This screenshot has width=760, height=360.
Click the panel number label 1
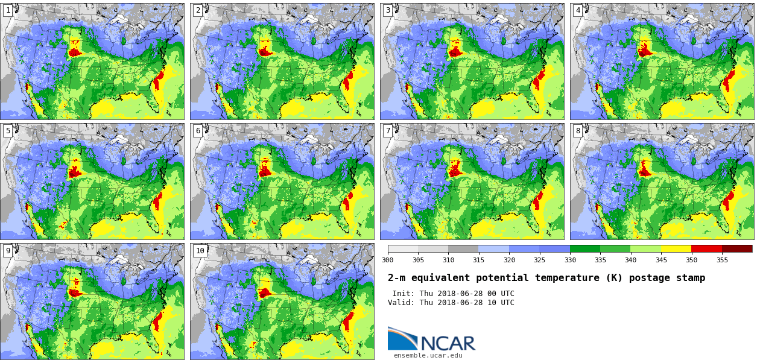point(8,10)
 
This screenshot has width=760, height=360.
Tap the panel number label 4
point(578,10)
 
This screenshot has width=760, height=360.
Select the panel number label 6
point(198,131)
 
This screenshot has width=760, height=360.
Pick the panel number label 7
point(388,131)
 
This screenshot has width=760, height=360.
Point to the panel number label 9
point(8,251)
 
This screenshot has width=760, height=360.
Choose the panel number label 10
point(200,251)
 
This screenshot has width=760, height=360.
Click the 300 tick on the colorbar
point(388,260)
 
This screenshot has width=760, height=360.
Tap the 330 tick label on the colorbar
point(570,260)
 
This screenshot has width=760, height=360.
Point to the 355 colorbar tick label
point(722,260)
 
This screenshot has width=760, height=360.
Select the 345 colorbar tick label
point(661,260)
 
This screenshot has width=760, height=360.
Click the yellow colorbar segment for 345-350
point(676,248)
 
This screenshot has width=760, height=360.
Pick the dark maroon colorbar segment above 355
point(737,248)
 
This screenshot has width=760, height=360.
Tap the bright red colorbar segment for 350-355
point(706,248)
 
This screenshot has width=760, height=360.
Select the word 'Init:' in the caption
point(404,294)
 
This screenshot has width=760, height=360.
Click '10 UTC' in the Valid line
point(499,303)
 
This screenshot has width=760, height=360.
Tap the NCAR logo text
point(448,343)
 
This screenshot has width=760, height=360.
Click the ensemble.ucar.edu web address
point(428,355)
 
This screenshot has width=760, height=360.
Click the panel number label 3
point(388,10)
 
